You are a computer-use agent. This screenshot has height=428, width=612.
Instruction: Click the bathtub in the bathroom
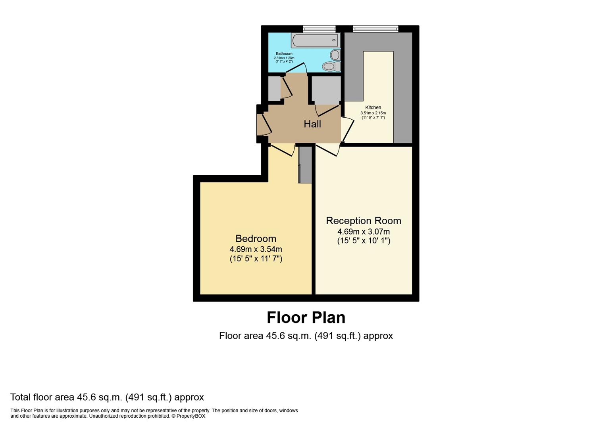point(316,40)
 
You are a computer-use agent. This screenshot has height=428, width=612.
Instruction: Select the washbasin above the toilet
point(335,55)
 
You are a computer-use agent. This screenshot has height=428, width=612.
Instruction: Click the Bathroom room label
point(284,54)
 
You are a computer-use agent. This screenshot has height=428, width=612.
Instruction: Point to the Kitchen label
point(373,107)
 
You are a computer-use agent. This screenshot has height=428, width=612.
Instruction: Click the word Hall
point(312,124)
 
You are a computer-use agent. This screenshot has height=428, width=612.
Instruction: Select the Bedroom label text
point(256,239)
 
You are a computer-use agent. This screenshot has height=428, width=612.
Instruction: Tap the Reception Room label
point(364,221)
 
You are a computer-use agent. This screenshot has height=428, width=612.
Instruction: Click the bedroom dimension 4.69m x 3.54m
point(256,249)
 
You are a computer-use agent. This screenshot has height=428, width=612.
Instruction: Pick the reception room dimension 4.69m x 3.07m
point(364,231)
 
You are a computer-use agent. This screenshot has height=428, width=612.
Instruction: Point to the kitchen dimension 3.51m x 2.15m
point(373,113)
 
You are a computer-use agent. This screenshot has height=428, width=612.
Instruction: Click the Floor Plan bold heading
point(306,318)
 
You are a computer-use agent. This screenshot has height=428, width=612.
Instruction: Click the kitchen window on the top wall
point(375,29)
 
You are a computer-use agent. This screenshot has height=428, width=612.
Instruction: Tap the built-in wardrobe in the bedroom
point(305,165)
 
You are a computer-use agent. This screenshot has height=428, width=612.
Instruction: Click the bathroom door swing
point(296,68)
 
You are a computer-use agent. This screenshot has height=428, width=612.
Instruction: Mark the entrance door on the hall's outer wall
point(264,125)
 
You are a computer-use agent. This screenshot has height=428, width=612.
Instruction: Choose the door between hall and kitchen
point(347,129)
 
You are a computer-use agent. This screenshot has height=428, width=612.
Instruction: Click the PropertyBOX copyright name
point(191,416)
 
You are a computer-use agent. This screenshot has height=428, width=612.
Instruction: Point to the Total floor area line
point(107,397)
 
